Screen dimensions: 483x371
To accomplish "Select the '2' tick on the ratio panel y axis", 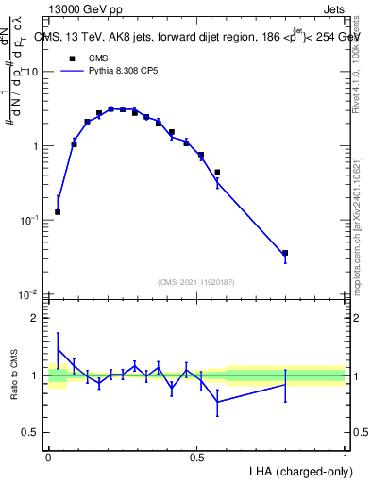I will (36, 318).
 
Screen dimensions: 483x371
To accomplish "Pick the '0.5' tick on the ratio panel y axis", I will (31, 433).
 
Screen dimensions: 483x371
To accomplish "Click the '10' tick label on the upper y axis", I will (32, 73).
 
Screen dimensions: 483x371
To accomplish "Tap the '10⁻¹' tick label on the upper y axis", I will (30, 220).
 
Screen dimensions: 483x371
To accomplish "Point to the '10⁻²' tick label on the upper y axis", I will (30, 293).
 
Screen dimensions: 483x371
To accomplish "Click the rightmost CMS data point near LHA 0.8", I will (285, 253).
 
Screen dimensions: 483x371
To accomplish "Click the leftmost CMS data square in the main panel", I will (58, 211).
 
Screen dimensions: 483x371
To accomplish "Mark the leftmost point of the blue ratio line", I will (58, 348).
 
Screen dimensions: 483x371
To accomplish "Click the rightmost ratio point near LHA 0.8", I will (285, 384).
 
